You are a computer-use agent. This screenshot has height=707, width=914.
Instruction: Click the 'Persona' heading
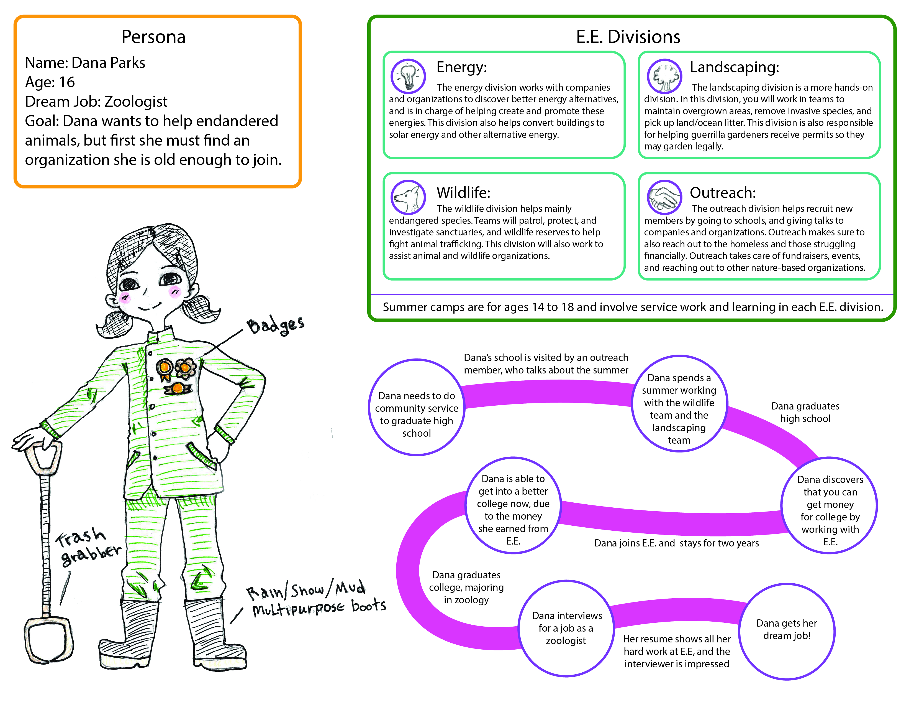[153, 37]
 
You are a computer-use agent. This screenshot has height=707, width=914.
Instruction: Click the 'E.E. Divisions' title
[628, 37]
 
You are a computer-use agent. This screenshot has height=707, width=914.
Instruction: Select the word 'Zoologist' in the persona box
[136, 101]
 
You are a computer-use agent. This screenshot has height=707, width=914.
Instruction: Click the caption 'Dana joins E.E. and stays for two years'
[676, 543]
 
